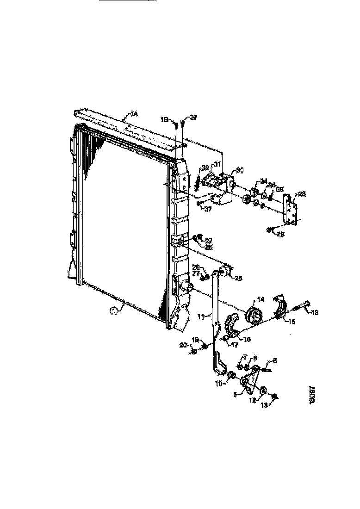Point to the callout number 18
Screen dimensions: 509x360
314,313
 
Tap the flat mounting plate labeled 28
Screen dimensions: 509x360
291,210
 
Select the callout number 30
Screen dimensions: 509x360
239,170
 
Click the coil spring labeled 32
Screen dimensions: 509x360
198,181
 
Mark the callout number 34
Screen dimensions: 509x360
263,181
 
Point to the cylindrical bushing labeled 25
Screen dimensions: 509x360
226,271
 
